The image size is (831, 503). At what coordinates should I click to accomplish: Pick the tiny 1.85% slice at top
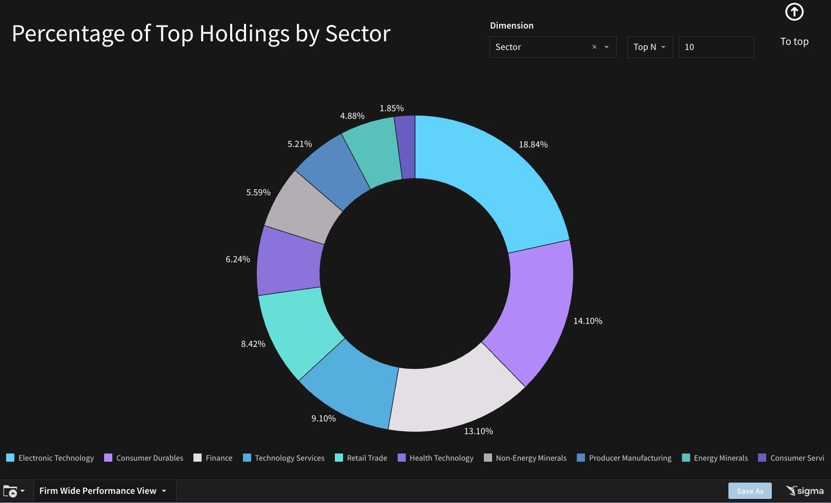coord(405,147)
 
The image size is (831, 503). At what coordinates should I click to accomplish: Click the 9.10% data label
coord(324,418)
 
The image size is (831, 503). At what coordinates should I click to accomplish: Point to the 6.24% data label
coord(238,259)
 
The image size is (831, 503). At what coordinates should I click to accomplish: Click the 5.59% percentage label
coord(258,192)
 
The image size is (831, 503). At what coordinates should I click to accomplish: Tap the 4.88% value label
coord(352,116)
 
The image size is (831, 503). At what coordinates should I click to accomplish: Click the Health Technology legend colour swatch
coord(402,458)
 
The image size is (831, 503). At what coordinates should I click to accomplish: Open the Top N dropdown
coord(649,47)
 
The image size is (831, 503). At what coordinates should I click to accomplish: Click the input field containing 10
coord(716,47)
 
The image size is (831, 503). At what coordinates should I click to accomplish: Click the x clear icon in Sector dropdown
coord(594,47)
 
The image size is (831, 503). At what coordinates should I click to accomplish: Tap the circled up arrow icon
coord(794,12)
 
